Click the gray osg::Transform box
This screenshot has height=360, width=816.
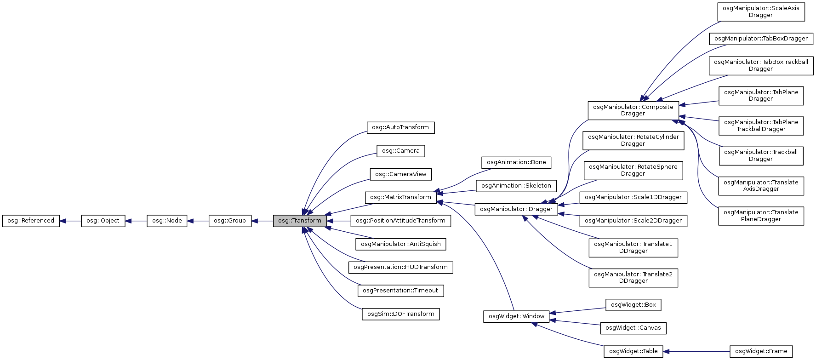pyautogui.click(x=300, y=221)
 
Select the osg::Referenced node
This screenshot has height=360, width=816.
pyautogui.click(x=31, y=221)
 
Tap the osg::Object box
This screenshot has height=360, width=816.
pyautogui.click(x=103, y=221)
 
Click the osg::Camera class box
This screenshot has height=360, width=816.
pyautogui.click(x=400, y=151)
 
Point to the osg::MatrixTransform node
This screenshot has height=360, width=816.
pyautogui.click(x=400, y=197)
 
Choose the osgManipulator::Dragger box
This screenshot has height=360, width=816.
pyautogui.click(x=516, y=209)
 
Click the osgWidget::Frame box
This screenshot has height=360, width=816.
pyautogui.click(x=761, y=351)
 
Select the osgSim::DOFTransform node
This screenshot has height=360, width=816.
pyautogui.click(x=400, y=314)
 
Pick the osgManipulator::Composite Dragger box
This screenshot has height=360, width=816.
pyautogui.click(x=633, y=110)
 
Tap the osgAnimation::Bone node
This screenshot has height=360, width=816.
pyautogui.click(x=516, y=162)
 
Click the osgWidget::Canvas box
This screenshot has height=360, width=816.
pyautogui.click(x=633, y=328)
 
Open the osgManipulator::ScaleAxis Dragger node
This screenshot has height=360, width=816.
pyautogui.click(x=761, y=11)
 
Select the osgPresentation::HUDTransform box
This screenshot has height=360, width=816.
pyautogui.click(x=400, y=267)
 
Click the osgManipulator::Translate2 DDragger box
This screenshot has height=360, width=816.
pyautogui.click(x=633, y=278)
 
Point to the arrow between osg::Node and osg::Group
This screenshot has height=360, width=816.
pyautogui.click(x=198, y=221)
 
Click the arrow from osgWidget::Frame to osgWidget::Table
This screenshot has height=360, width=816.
pyautogui.click(x=696, y=351)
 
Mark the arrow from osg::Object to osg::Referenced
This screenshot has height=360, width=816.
pyautogui.click(x=70, y=221)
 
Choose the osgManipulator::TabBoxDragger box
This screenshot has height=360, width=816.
pyautogui.click(x=761, y=39)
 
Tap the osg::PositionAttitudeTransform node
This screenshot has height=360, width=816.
pyautogui.click(x=400, y=221)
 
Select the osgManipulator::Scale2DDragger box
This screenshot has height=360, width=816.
pyautogui.click(x=633, y=221)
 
